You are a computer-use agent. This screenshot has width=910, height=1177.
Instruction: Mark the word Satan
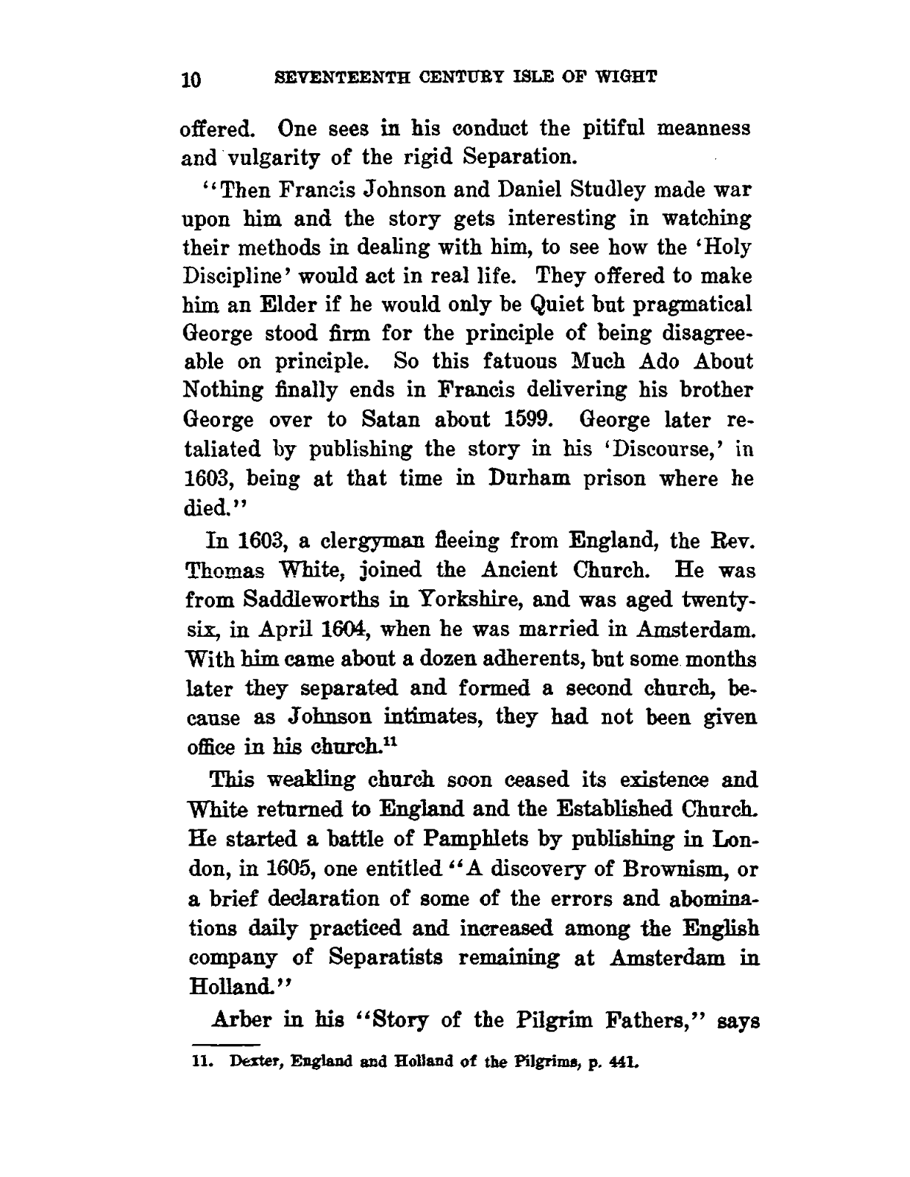pyautogui.click(x=380, y=420)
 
